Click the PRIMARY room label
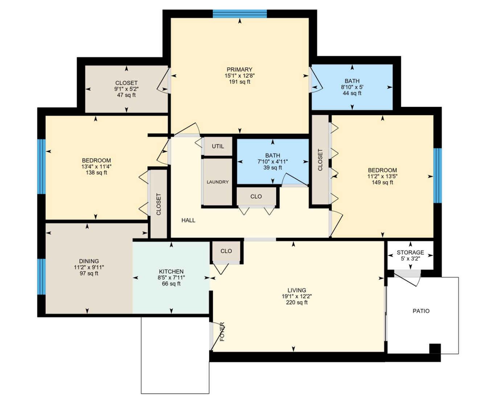(x=239, y=69)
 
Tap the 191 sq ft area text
(x=239, y=82)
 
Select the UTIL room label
(x=218, y=146)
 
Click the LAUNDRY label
(x=218, y=182)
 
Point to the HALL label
(x=188, y=220)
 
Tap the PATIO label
(x=421, y=311)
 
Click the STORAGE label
(x=410, y=252)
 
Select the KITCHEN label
(x=171, y=272)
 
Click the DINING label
(x=89, y=261)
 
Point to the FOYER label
(x=222, y=332)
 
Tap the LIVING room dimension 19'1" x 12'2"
(x=297, y=296)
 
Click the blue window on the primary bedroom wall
(x=240, y=14)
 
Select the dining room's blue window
(x=41, y=277)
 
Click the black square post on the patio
(x=435, y=349)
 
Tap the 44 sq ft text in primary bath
(x=352, y=93)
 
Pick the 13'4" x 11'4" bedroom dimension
(x=96, y=166)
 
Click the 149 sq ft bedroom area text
(x=382, y=182)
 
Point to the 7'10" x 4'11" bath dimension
(x=273, y=162)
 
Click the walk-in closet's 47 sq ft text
(x=126, y=95)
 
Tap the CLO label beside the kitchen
(x=226, y=251)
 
